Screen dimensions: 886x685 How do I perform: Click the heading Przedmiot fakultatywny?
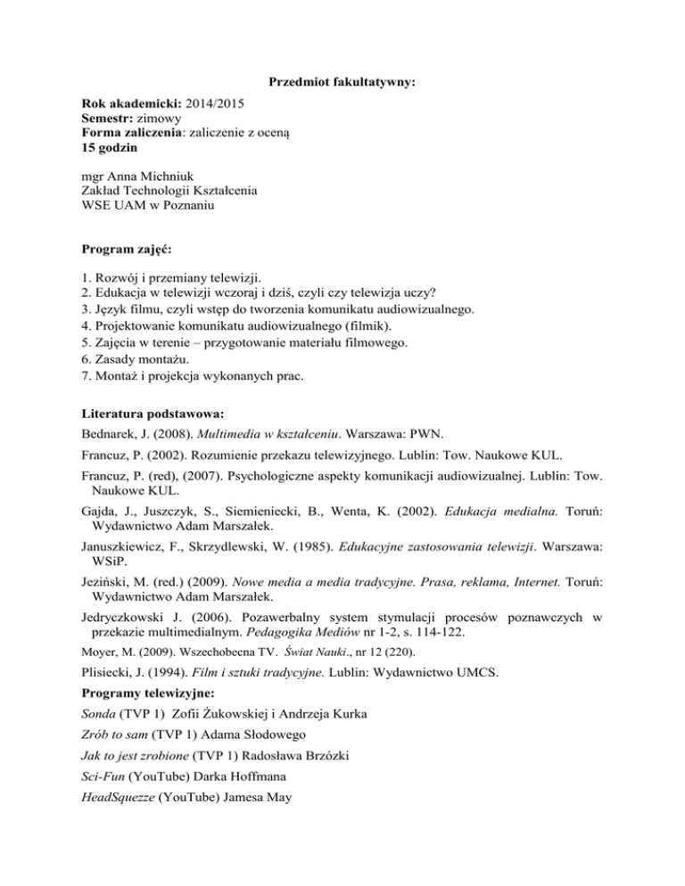point(343,84)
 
